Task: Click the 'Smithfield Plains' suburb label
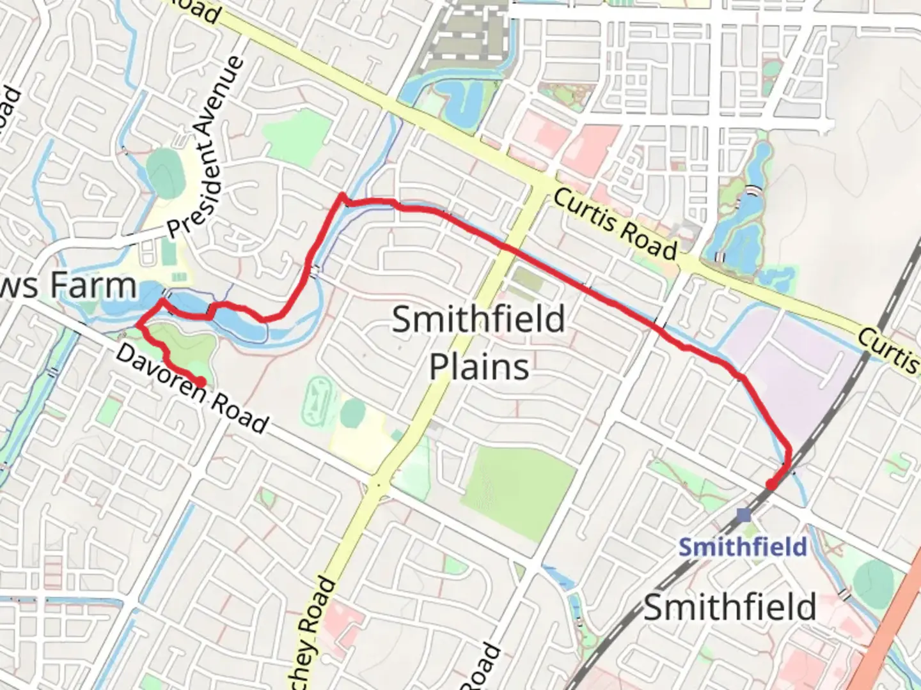click(x=478, y=342)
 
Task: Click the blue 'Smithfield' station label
click(x=743, y=547)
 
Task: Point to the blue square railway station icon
click(x=743, y=515)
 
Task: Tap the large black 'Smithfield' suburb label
click(x=730, y=607)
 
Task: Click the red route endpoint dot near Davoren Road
click(x=200, y=382)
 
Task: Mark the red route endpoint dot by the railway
click(x=771, y=484)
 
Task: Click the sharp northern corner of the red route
click(x=343, y=196)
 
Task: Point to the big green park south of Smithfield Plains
click(x=518, y=488)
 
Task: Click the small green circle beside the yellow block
click(x=352, y=413)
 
